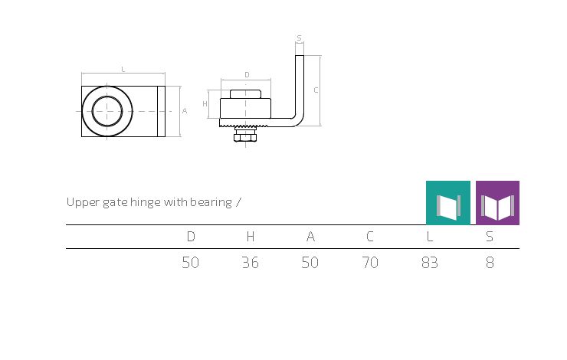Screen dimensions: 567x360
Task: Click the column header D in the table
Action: [191, 237]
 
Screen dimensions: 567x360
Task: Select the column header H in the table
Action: [251, 237]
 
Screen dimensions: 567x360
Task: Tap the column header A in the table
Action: [310, 237]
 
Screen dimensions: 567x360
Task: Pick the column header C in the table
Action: [369, 237]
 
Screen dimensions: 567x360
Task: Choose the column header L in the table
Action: [430, 237]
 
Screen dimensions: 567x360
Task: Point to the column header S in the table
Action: [490, 237]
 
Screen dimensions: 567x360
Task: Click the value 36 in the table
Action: [251, 263]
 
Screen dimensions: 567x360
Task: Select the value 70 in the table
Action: [370, 263]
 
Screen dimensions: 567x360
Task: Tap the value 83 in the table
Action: [430, 263]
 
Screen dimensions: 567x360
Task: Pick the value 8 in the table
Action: [490, 263]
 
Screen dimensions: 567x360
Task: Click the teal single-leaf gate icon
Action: [448, 203]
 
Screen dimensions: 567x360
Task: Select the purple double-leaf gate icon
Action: [497, 203]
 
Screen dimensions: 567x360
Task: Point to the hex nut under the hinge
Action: [245, 137]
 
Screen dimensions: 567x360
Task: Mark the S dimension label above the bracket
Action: [299, 38]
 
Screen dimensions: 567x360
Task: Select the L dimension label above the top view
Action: [123, 69]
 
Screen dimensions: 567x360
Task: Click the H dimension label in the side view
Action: [205, 104]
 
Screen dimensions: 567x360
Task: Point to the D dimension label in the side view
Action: [247, 75]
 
